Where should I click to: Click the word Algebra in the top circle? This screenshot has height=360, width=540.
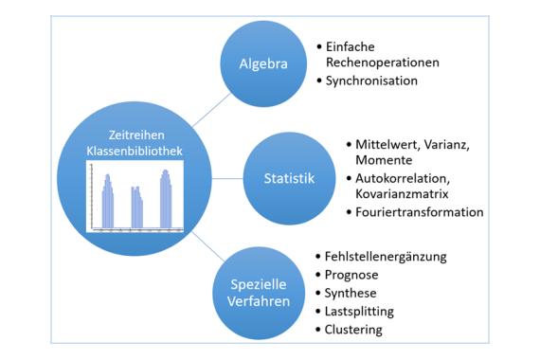click(263, 64)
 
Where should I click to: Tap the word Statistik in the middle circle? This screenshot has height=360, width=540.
click(289, 178)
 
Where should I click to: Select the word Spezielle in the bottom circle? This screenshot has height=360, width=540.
click(259, 285)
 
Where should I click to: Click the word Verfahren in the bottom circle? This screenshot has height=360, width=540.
click(259, 301)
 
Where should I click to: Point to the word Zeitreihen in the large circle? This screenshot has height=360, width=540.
click(136, 135)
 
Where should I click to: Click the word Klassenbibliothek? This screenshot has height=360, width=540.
click(135, 151)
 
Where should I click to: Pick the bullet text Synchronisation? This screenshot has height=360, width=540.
click(371, 81)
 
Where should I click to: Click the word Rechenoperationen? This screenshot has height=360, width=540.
click(383, 63)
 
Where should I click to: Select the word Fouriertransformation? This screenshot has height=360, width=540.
click(420, 212)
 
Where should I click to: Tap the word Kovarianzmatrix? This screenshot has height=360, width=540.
click(402, 194)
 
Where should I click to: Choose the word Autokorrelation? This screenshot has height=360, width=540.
click(403, 178)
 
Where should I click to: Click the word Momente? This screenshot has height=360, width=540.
click(384, 160)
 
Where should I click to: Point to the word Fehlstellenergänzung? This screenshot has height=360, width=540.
click(386, 257)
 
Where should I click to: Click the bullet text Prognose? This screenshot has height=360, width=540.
click(351, 276)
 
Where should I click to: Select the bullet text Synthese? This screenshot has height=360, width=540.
click(351, 294)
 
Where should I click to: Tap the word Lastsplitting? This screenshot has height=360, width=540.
click(359, 312)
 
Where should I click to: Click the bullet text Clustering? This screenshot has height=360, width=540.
click(353, 330)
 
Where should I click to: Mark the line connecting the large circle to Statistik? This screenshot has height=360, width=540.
click(227, 178)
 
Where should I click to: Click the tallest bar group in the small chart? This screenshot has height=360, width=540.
click(166, 199)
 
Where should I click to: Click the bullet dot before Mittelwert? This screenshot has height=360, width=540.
click(349, 144)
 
